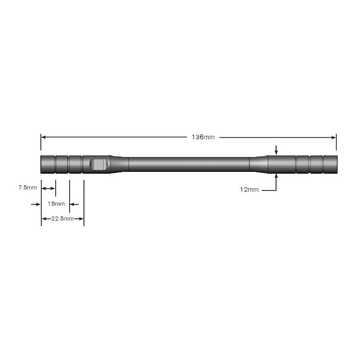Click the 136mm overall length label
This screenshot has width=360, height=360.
[x=203, y=137]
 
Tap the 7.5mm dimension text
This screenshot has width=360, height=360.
[x=27, y=188]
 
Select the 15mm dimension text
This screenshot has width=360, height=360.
[x=56, y=204]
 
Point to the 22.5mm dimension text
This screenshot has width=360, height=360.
[x=62, y=219]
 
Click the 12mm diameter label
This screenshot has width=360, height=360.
[x=249, y=190]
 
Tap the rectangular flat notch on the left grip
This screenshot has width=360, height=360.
[x=98, y=165]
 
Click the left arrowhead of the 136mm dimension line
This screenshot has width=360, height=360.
[x=44, y=137]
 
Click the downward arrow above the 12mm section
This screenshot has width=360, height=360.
[x=276, y=151]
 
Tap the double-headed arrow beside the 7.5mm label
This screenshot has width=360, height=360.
[x=48, y=188]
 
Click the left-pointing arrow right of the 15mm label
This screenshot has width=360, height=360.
[x=74, y=204]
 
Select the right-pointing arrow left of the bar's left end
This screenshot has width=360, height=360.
[x=36, y=204]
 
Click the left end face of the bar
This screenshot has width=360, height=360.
[x=42, y=165]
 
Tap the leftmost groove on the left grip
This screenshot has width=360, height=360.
[x=56, y=165]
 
